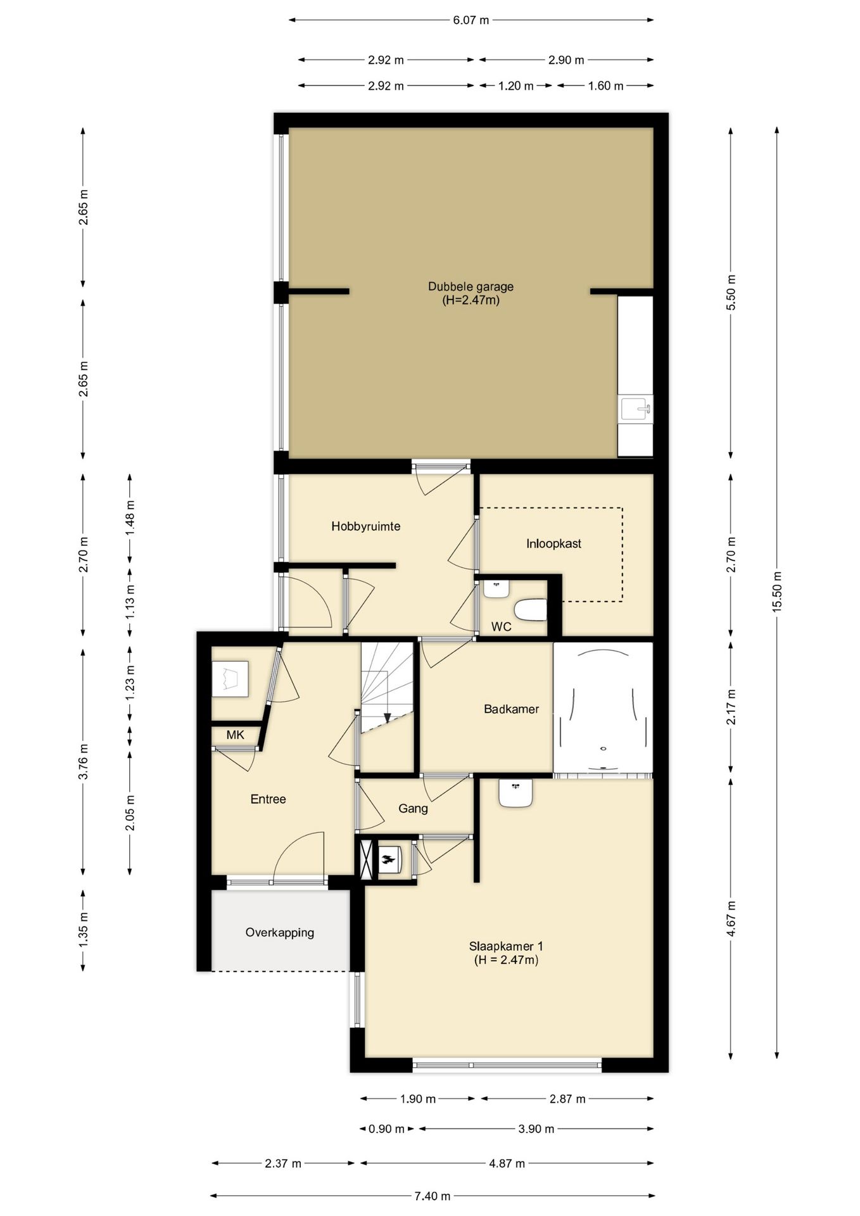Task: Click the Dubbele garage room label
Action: pos(471,293)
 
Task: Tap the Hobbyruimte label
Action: pos(365,526)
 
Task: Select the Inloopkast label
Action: pos(553,543)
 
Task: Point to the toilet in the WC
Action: pos(531,611)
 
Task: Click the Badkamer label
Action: pos(511,709)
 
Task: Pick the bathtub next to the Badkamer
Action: pos(603,708)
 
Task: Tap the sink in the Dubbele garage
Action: pos(635,409)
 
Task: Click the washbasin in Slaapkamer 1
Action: pos(515,792)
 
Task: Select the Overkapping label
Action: pos(280,933)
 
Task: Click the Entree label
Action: pos(268,799)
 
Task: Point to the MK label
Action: pos(236,735)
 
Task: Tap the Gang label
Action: pos(413,809)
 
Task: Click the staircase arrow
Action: pos(387,718)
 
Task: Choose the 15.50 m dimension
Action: pos(777,591)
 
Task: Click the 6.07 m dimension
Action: pos(471,20)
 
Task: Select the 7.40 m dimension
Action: pos(433,1196)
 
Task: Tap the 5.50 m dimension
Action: pos(731,293)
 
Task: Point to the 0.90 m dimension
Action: pos(386,1129)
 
